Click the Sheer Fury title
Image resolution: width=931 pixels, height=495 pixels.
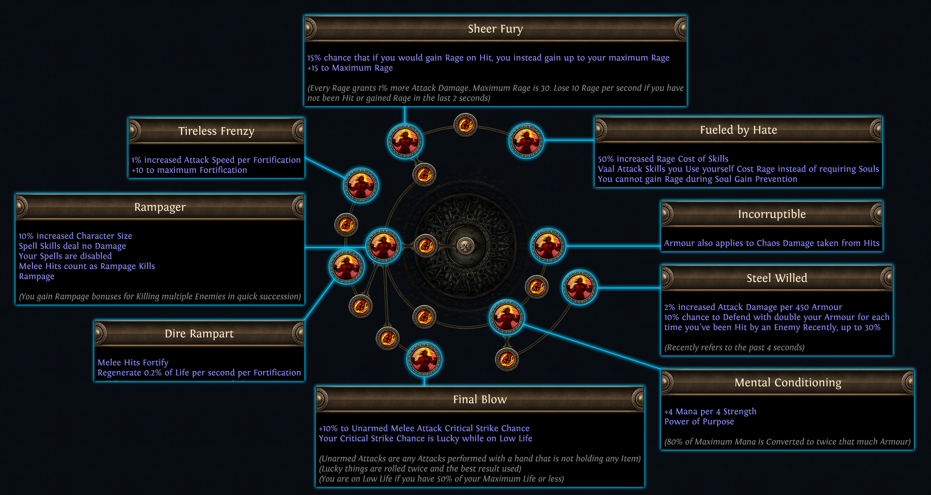pyautogui.click(x=495, y=29)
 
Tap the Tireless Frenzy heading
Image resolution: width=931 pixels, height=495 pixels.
pyautogui.click(x=216, y=131)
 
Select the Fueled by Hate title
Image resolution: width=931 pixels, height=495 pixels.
pyautogui.click(x=738, y=130)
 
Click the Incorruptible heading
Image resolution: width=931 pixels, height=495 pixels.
pyautogui.click(x=771, y=214)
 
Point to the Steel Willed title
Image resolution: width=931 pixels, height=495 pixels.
pyautogui.click(x=777, y=278)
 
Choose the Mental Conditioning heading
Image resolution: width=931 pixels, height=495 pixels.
pyautogui.click(x=788, y=382)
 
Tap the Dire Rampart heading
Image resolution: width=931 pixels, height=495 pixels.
pyautogui.click(x=199, y=334)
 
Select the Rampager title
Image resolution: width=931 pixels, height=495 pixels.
pyautogui.click(x=160, y=207)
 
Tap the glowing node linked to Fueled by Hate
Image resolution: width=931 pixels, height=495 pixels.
pyautogui.click(x=526, y=141)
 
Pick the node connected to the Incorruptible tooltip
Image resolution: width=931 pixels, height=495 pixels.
pyautogui.click(x=548, y=246)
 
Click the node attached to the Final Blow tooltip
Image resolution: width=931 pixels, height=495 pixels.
pyautogui.click(x=424, y=360)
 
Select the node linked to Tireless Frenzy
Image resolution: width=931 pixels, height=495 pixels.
pyautogui.click(x=361, y=185)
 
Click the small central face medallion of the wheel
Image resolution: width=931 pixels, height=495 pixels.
pyautogui.click(x=465, y=246)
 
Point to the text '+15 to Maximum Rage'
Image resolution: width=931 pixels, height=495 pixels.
pyautogui.click(x=350, y=68)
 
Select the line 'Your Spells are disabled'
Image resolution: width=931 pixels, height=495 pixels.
pyautogui.click(x=65, y=256)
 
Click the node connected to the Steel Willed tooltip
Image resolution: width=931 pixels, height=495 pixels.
pyautogui.click(x=579, y=287)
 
